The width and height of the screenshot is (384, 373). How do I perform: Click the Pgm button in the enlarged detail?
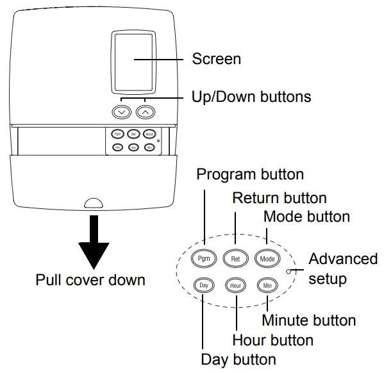(x=205, y=258)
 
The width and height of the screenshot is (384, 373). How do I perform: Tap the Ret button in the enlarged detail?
(x=235, y=258)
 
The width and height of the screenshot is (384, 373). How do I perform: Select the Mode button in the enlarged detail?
(x=267, y=258)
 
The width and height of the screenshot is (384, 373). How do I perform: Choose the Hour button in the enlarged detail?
(x=235, y=284)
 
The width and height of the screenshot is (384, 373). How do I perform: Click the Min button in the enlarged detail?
(x=267, y=284)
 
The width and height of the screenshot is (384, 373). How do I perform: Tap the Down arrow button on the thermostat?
(x=121, y=112)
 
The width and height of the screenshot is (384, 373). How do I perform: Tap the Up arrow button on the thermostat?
(x=146, y=112)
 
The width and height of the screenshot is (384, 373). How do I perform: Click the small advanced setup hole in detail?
(x=290, y=271)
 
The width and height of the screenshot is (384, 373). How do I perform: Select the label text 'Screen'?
(x=217, y=59)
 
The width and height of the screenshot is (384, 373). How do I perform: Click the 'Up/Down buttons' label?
(x=251, y=97)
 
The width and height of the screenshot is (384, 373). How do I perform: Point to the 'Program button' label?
(x=250, y=174)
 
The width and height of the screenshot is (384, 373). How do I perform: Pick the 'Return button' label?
(x=279, y=197)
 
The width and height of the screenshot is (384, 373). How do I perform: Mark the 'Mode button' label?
(x=306, y=216)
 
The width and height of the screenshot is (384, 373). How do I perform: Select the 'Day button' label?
(x=238, y=359)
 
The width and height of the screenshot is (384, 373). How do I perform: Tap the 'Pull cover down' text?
(x=90, y=280)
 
